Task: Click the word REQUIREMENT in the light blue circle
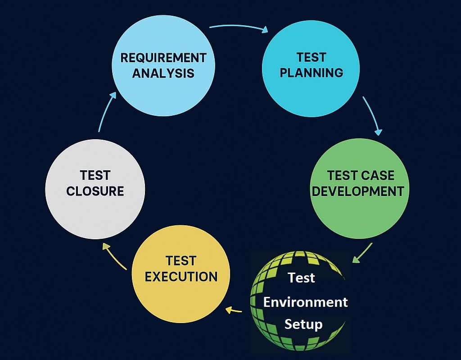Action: tap(163, 58)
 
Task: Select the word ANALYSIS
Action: tap(163, 73)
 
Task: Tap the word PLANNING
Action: tap(312, 73)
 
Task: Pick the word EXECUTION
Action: tap(181, 276)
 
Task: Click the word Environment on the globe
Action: tap(305, 302)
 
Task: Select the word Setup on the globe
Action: tap(303, 324)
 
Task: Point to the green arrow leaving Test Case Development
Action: tap(362, 253)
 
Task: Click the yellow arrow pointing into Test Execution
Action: tap(234, 310)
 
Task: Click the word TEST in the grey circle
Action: tap(95, 175)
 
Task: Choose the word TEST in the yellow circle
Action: tap(181, 261)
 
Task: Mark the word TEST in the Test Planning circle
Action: tap(311, 57)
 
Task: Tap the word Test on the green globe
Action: tap(302, 278)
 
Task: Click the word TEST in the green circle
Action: tap(341, 175)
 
